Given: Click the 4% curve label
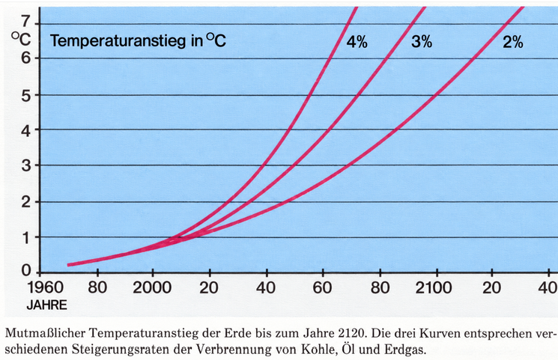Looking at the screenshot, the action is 357,42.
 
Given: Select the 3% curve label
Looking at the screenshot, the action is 422,42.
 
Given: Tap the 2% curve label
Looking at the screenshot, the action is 513,42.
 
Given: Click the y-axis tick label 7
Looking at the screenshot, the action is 26,22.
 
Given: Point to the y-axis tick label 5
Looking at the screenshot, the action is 26,95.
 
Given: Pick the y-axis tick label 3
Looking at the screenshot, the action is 26,165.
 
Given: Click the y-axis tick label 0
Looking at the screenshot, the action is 26,271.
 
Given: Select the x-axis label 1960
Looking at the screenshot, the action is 46,287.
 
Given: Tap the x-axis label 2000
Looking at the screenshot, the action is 152,287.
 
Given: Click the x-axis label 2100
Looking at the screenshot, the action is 434,287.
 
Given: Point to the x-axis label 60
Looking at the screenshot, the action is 322,287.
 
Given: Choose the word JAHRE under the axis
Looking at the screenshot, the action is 46,305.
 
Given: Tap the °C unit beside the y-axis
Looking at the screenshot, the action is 21,39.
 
